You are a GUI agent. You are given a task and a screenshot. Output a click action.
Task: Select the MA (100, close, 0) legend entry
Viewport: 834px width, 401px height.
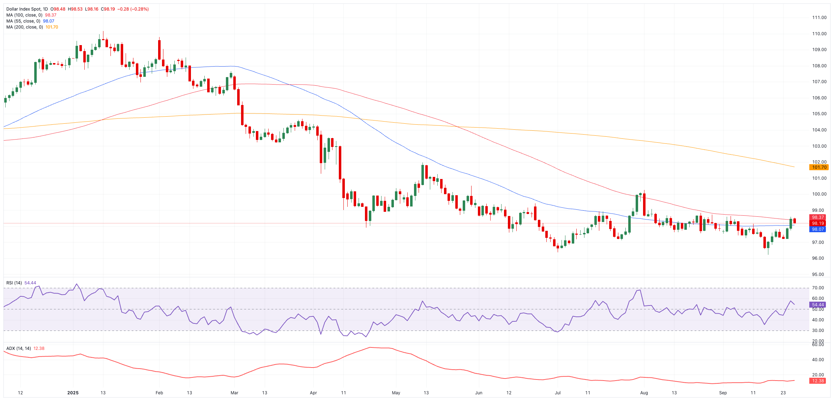[24, 15]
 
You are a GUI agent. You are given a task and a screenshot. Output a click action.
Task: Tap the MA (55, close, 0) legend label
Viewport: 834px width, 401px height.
[23, 21]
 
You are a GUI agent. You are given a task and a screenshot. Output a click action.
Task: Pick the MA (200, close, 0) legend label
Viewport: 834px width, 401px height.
[24, 27]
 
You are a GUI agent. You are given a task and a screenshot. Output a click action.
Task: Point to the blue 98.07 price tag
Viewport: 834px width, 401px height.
[817, 229]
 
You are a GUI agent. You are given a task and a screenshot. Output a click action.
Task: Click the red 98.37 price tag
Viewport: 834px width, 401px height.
[817, 217]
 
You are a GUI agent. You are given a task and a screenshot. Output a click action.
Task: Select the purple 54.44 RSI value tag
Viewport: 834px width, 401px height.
[817, 305]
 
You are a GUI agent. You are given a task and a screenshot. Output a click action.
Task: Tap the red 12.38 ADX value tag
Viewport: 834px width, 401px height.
[817, 381]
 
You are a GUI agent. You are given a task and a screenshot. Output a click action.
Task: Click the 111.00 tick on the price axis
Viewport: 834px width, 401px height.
[819, 18]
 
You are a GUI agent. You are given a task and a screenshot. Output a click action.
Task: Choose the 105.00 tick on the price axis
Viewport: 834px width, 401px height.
[819, 114]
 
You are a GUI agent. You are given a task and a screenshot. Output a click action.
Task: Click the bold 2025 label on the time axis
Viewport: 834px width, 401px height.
[73, 393]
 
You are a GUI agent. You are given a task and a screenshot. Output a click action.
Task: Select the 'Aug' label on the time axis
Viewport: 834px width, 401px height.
[644, 393]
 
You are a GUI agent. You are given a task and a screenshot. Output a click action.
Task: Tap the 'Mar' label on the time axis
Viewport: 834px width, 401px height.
[234, 393]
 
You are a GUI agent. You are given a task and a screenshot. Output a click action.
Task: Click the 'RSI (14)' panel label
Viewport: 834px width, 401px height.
[14, 283]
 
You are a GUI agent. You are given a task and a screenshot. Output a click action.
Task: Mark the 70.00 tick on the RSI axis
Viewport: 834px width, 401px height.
[818, 288]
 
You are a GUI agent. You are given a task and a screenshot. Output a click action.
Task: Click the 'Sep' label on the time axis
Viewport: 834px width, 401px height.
[723, 393]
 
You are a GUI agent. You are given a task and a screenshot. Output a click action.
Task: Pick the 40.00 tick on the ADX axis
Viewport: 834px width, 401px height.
[818, 360]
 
